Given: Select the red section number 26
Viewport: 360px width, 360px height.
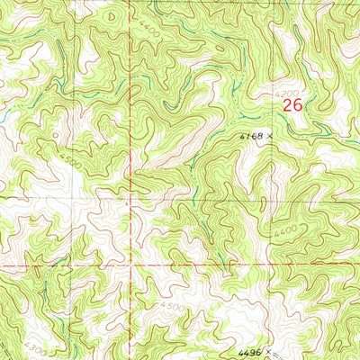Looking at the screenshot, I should (292, 105).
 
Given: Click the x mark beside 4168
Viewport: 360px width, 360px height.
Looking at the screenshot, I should (268, 137).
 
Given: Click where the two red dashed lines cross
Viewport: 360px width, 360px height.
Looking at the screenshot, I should (133, 267).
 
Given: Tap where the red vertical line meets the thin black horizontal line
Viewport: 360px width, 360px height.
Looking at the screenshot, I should (132, 192).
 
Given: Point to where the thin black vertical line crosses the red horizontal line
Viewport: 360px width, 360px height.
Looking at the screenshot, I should (73, 267).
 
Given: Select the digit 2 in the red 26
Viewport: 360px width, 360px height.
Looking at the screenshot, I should (287, 105).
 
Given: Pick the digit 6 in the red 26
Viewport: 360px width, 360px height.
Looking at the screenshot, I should (296, 105).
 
